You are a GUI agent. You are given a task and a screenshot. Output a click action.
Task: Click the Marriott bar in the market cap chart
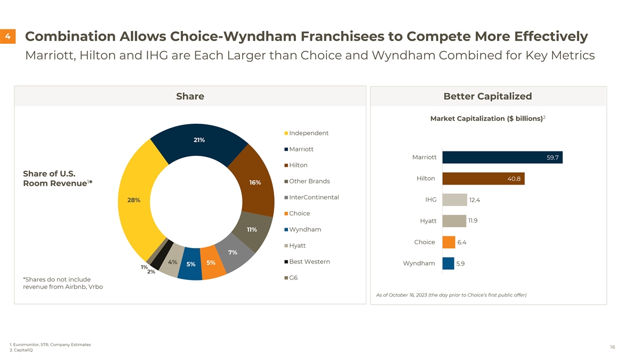[x=502, y=157]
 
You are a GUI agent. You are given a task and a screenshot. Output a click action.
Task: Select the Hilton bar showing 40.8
[x=483, y=179]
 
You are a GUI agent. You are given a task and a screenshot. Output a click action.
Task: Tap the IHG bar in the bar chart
[x=454, y=199]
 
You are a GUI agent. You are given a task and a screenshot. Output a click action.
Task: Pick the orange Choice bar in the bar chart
[x=449, y=242]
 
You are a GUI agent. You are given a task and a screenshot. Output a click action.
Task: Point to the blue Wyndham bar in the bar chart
[x=448, y=263]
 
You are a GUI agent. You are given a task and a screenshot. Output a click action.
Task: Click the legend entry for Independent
[x=308, y=133]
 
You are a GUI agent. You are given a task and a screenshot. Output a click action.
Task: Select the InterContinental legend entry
[x=314, y=197]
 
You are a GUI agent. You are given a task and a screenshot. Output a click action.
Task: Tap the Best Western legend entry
[x=309, y=262]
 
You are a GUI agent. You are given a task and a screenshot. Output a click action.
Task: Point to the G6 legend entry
[x=293, y=278]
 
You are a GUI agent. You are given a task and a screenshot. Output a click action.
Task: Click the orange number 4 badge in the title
[x=8, y=37]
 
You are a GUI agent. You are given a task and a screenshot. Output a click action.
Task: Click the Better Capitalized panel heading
[x=487, y=96]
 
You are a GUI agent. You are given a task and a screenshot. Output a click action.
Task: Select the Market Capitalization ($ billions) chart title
[x=487, y=118]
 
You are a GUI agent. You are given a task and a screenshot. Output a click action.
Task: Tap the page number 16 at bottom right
[x=612, y=347]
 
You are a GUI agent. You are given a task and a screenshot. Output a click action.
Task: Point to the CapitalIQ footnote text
[x=22, y=350]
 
